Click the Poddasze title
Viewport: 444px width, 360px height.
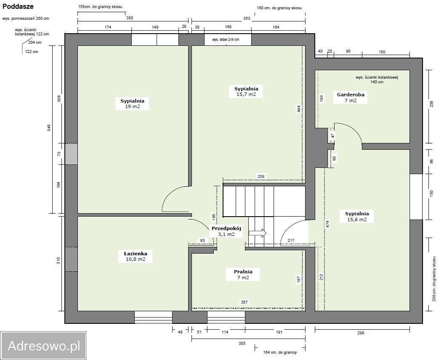click(18, 6)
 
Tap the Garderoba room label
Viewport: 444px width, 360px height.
click(351, 97)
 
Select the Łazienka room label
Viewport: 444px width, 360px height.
click(136, 256)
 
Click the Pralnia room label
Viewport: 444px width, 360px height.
click(243, 275)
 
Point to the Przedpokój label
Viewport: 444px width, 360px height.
click(226, 231)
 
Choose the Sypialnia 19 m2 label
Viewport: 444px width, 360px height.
click(132, 103)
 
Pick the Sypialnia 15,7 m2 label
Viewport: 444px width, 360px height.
click(246, 91)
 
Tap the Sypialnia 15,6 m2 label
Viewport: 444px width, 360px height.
click(357, 217)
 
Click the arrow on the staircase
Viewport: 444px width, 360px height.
click(258, 233)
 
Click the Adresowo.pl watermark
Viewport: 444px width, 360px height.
click(44, 346)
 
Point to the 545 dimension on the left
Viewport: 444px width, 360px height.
click(49, 128)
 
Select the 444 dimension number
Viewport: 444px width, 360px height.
click(299, 109)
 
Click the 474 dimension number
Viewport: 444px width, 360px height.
click(327, 224)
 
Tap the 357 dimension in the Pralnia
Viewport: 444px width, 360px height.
click(245, 302)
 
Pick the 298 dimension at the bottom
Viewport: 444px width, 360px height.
click(361, 333)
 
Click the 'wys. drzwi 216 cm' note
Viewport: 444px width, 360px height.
click(226, 40)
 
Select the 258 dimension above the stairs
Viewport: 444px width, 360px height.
click(261, 176)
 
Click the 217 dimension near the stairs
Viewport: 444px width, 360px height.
click(291, 240)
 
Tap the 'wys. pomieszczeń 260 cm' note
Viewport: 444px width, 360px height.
click(26, 19)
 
